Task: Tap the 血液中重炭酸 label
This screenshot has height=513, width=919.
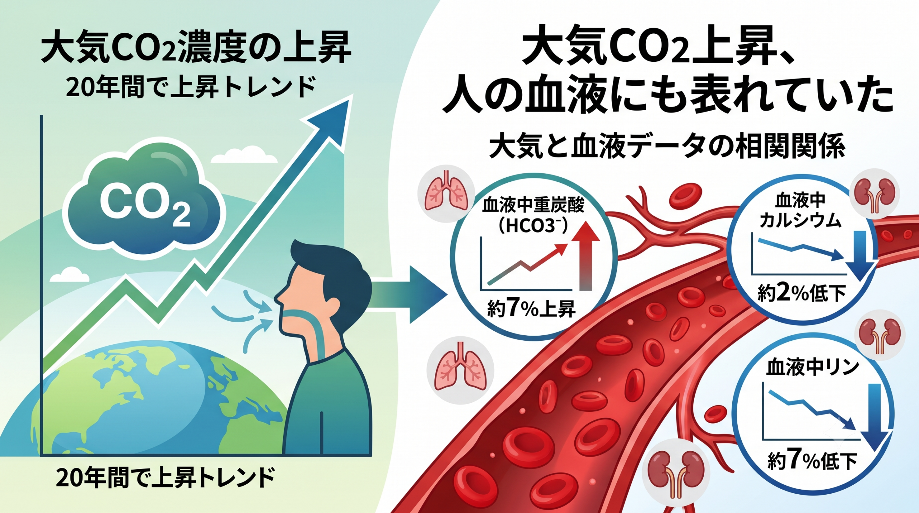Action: click(x=533, y=205)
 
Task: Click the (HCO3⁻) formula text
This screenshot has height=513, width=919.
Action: click(x=533, y=226)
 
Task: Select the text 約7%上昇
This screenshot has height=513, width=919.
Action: click(x=531, y=309)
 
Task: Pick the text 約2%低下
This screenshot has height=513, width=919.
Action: click(x=802, y=293)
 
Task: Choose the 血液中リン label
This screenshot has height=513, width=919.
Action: click(x=812, y=367)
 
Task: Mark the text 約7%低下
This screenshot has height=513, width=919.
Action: click(x=812, y=461)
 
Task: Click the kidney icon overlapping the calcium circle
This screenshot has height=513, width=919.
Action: click(x=874, y=194)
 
